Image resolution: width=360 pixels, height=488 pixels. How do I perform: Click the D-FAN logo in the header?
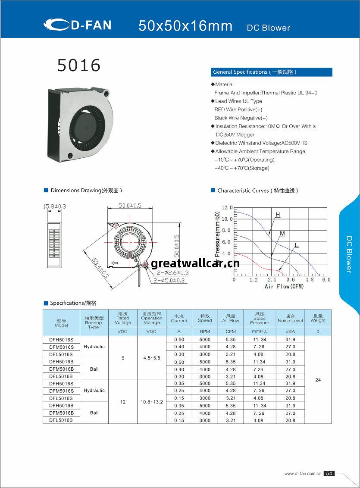[x=78, y=25]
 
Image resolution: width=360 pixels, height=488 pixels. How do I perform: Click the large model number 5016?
[x=79, y=66]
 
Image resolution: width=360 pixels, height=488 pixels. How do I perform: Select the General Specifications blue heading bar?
[x=272, y=72]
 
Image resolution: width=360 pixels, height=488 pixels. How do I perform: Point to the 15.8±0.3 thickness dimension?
[x=54, y=206]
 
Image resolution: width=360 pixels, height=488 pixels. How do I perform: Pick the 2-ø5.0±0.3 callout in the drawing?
[x=170, y=281]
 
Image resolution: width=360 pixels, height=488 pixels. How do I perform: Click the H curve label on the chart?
[x=278, y=215]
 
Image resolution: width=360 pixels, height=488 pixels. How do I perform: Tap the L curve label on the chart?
[x=296, y=245]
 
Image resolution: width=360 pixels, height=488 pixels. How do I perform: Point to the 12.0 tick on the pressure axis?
[x=227, y=208]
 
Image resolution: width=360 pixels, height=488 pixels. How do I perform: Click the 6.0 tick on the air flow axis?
[x=326, y=280]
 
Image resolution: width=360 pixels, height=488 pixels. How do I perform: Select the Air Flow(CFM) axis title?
[x=284, y=287]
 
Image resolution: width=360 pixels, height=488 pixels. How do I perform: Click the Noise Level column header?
[x=290, y=319]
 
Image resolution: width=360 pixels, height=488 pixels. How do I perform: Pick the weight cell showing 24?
[x=318, y=380]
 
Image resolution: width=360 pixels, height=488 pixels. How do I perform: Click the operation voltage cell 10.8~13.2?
[x=152, y=402]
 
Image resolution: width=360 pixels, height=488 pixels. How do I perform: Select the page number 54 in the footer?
[x=329, y=473]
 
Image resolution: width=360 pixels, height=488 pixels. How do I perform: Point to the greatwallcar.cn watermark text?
[x=195, y=263]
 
